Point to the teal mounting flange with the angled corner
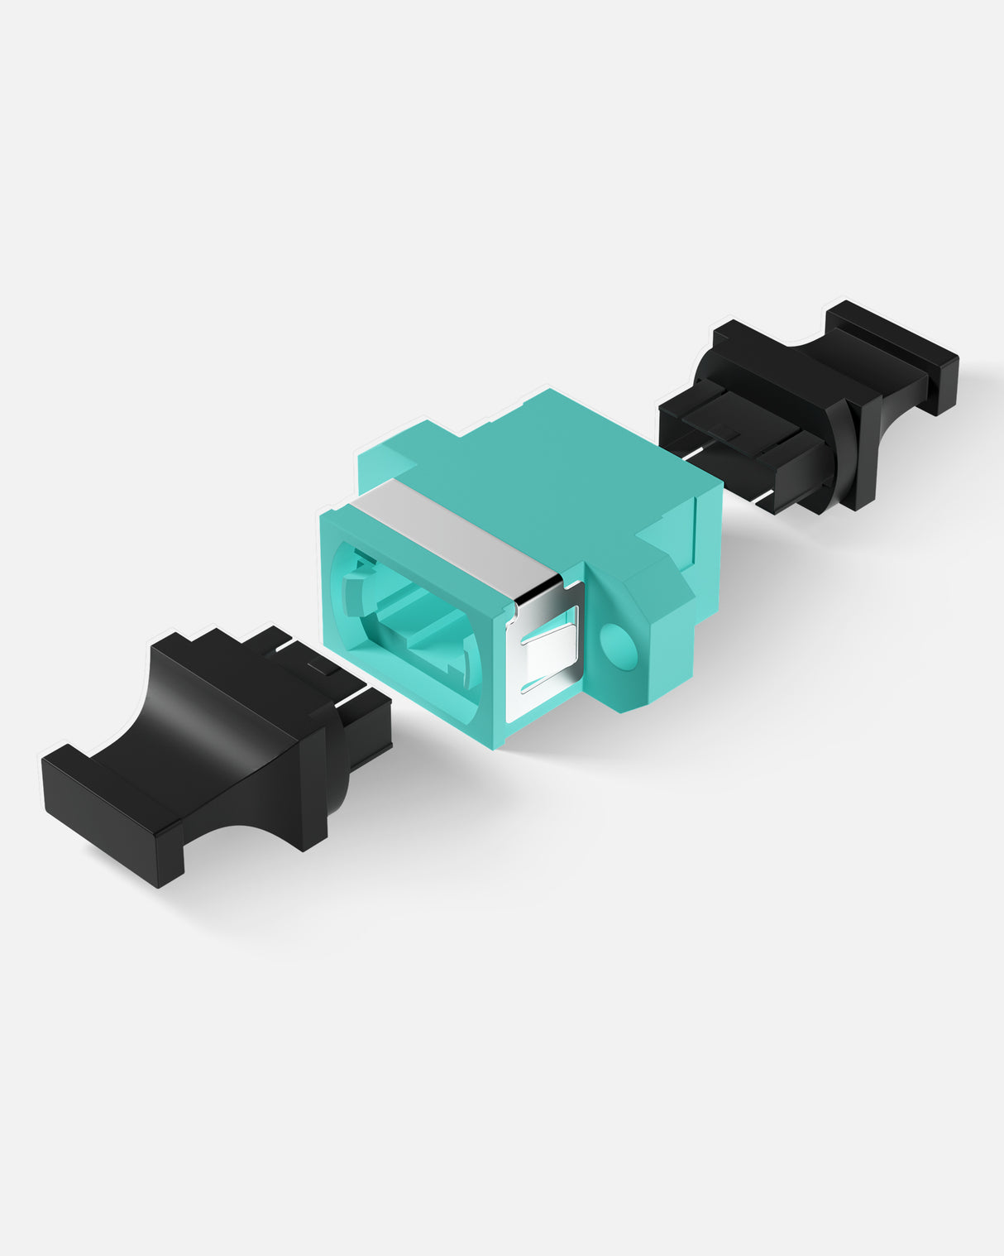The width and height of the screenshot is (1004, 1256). [653, 629]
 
